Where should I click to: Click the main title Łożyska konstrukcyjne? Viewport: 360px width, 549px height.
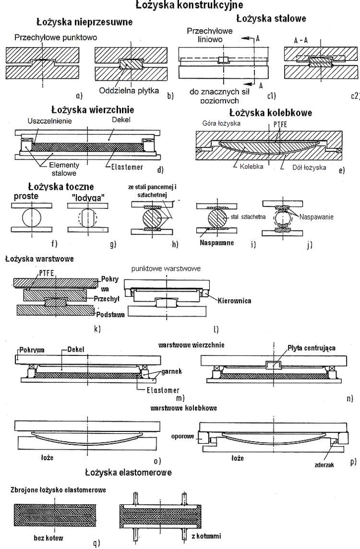(182, 5)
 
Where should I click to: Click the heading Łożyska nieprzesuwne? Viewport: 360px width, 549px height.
(84, 22)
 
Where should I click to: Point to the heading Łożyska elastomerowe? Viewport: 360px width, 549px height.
(128, 472)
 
